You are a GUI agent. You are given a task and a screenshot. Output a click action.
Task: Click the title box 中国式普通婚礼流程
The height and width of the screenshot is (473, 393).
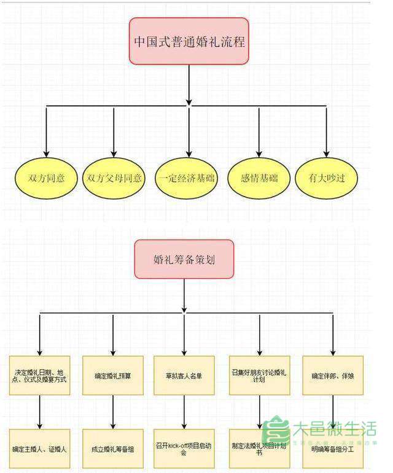[x=189, y=41]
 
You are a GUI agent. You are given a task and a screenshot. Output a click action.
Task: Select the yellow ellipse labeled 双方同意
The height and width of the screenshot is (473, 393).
[x=47, y=179]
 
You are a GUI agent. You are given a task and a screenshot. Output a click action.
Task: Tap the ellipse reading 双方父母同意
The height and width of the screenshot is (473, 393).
[x=114, y=179]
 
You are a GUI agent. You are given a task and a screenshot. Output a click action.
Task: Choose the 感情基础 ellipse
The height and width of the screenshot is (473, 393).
[x=260, y=179]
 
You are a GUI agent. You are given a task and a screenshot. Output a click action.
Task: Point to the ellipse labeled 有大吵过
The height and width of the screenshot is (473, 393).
[x=326, y=179]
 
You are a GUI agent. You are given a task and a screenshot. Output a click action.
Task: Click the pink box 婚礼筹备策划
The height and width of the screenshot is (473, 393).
[x=184, y=259]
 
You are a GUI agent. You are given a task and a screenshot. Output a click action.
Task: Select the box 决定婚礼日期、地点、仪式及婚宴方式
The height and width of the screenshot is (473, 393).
[x=41, y=375]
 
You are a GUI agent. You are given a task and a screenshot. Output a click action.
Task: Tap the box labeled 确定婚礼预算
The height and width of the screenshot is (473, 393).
[x=113, y=375]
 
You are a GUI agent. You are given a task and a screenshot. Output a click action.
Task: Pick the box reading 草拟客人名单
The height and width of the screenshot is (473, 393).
[x=184, y=375]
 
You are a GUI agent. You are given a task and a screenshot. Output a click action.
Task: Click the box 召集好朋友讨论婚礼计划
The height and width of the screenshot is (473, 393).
[x=259, y=375]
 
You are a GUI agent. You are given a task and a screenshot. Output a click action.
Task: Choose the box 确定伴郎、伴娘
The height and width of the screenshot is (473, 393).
[x=333, y=375]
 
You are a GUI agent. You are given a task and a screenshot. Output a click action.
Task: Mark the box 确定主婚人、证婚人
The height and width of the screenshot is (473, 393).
[x=41, y=448]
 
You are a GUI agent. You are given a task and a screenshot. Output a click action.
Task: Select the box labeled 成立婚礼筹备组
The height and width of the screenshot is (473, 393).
[x=113, y=448]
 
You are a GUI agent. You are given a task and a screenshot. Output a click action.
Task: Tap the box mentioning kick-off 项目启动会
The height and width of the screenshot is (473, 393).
[x=184, y=448]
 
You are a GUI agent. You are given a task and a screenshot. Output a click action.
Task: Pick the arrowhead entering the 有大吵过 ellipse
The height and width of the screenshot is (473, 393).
[x=326, y=154]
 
